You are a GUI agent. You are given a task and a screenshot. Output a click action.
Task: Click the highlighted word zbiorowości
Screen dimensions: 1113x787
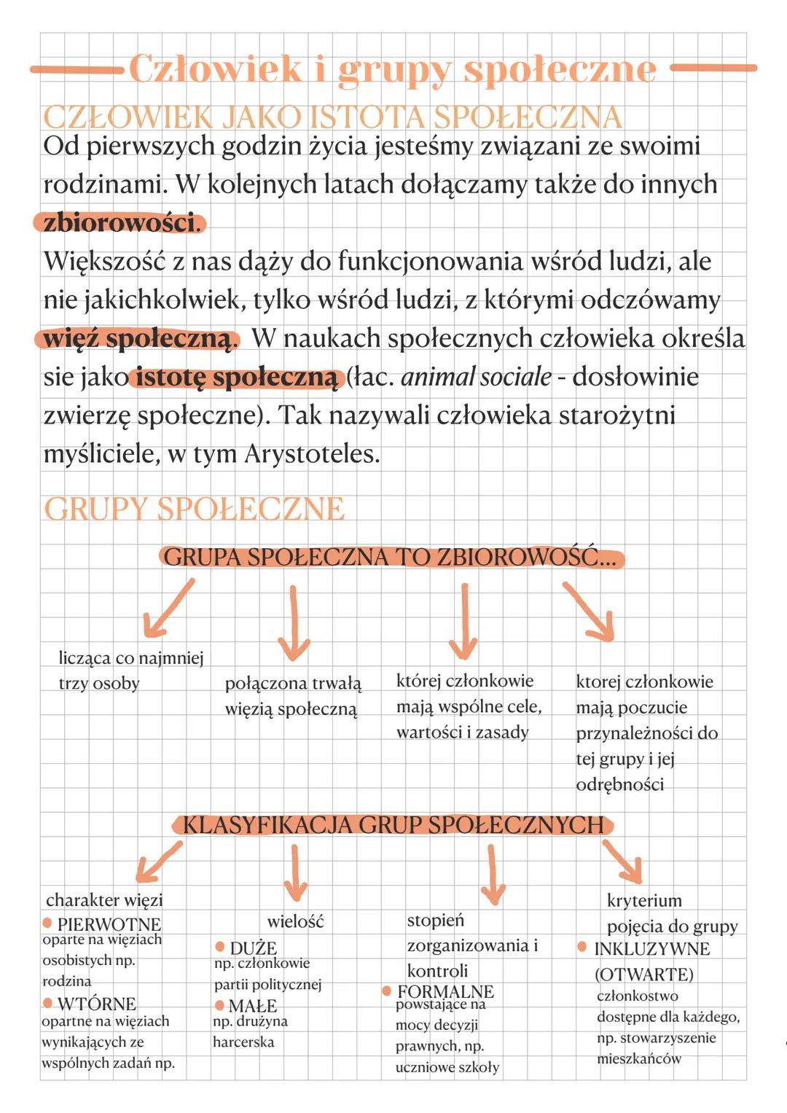(119, 222)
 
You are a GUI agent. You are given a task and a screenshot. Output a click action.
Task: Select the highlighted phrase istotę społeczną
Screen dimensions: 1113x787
(237, 378)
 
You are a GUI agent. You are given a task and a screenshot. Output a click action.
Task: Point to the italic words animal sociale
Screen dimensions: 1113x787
(476, 377)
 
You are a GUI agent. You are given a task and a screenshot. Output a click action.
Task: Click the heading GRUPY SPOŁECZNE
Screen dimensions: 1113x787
(194, 509)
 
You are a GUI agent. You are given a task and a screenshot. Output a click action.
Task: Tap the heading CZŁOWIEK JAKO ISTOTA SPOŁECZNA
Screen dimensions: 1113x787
(332, 117)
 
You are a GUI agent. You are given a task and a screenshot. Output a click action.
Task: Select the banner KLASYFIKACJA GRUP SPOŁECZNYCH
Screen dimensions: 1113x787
(393, 825)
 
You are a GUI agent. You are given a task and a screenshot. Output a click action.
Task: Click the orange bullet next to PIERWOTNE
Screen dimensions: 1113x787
(48, 923)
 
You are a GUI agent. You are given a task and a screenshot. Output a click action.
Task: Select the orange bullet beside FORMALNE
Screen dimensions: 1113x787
(387, 991)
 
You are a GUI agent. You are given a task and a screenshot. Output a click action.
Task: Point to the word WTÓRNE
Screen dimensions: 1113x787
(96, 1004)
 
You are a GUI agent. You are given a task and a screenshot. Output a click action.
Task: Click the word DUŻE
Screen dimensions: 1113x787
(253, 948)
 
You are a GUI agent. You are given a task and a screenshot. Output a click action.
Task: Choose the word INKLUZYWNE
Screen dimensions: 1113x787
(651, 948)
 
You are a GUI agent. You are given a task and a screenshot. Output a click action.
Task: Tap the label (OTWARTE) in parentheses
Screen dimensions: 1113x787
(644, 975)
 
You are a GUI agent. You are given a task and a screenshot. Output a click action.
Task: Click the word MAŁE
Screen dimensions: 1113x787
(252, 1006)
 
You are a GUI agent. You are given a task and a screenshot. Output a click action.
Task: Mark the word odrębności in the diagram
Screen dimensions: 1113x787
(619, 785)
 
